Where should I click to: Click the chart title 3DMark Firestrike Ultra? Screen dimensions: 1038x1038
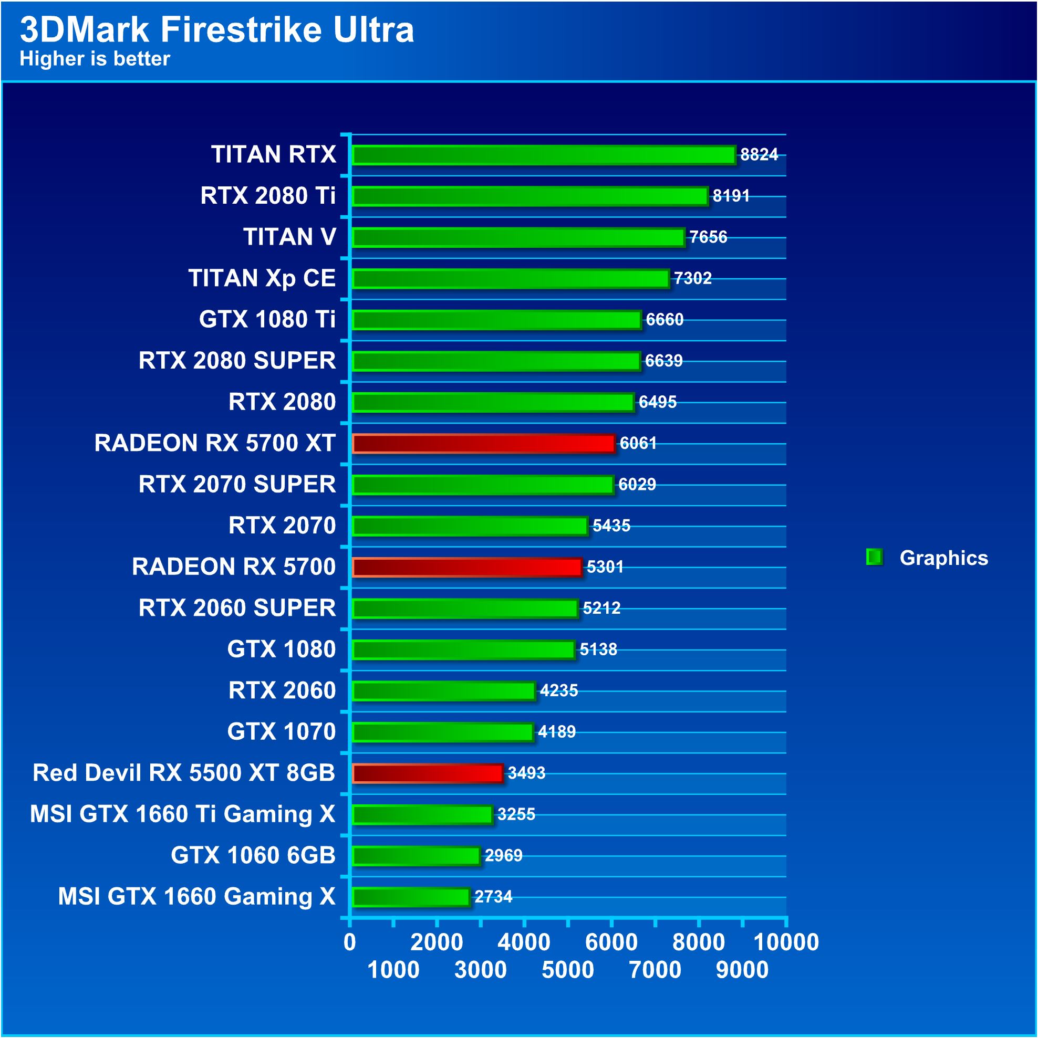pos(216,29)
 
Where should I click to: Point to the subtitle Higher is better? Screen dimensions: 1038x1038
pos(95,59)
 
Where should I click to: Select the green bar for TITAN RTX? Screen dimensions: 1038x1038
pos(543,155)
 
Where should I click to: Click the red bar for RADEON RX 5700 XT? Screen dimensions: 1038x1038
pos(483,443)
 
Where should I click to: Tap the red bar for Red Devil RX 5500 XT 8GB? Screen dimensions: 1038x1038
pos(428,772)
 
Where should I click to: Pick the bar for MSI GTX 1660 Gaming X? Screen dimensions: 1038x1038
pos(411,897)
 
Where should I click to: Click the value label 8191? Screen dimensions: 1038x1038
pos(731,195)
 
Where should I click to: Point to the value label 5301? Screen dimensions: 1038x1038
pos(605,567)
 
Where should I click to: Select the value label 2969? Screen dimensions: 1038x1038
pos(503,855)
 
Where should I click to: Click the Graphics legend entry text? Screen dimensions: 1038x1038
pos(943,558)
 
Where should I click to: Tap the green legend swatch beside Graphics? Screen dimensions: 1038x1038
pos(874,557)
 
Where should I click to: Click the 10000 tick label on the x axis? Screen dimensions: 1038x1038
pos(786,942)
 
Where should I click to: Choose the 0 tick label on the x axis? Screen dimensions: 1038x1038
pos(349,942)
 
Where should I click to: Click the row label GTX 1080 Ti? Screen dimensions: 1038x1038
pos(267,319)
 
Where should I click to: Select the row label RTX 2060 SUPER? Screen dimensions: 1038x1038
pos(237,607)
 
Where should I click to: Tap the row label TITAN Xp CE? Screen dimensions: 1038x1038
pos(262,278)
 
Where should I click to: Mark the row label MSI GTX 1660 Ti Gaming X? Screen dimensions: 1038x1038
pos(183,814)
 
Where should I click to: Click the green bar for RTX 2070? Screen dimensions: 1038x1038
pos(470,526)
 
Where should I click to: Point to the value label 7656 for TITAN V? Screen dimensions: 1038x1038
pos(708,237)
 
